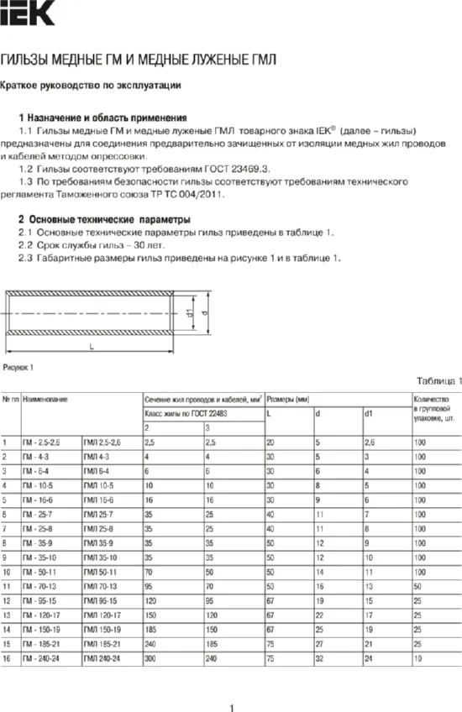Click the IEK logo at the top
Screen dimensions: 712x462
click(27, 13)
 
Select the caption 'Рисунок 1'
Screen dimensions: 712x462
click(19, 368)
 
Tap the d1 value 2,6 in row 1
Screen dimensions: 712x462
click(370, 441)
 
